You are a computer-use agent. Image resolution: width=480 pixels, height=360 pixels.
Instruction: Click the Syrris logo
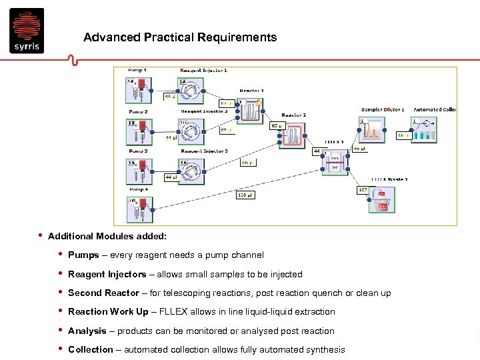(x=27, y=30)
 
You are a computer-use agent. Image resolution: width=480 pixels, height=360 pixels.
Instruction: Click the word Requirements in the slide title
(x=237, y=37)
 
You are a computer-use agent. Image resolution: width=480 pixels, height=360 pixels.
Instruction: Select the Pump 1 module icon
(x=138, y=91)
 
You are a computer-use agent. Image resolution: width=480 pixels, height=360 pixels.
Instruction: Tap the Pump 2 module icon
(x=138, y=131)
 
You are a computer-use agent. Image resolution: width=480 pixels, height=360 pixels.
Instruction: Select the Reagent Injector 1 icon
(x=191, y=91)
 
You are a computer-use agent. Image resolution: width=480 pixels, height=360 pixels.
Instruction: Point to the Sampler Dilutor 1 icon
(x=371, y=131)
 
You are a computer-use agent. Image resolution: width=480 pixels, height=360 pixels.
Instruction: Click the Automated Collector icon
(x=424, y=131)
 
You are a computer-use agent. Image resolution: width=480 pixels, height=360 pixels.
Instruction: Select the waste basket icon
(x=381, y=200)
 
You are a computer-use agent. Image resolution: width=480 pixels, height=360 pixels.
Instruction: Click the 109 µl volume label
(x=245, y=195)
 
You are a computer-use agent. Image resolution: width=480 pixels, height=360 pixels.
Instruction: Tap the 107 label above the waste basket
(x=363, y=190)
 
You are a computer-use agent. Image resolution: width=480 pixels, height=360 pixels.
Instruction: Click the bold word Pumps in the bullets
(x=83, y=255)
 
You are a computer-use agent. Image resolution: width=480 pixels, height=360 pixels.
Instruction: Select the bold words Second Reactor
(x=103, y=293)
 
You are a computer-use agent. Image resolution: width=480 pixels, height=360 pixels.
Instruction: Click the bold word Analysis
(x=87, y=331)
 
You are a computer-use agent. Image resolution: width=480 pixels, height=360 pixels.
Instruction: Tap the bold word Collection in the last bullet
(x=91, y=350)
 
